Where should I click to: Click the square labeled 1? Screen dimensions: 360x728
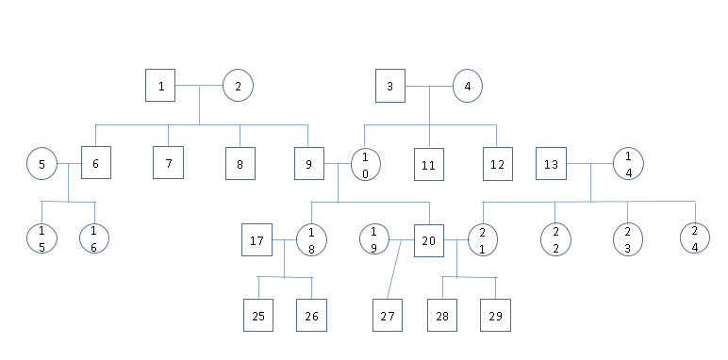pos(161,87)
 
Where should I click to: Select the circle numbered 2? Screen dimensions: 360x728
pos(238,87)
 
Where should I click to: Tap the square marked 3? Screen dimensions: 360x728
pos(389,87)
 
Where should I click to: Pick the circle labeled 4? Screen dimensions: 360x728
pos(467,87)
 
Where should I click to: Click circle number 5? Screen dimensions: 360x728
pos(41,164)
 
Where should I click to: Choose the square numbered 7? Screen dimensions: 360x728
pos(168,164)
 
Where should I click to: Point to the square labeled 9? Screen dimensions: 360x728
pos(307,164)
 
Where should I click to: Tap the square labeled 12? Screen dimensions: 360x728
pos(497,164)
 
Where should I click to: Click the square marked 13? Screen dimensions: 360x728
pos(552,164)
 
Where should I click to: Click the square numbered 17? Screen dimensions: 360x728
pos(256,239)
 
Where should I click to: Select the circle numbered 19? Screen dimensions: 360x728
pos(374,239)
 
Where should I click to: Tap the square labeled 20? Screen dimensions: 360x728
pos(429,239)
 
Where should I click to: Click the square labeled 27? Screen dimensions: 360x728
pos(387,316)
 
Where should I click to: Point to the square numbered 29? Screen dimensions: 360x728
pos(496,316)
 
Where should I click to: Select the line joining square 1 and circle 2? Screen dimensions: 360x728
pos(199,87)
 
